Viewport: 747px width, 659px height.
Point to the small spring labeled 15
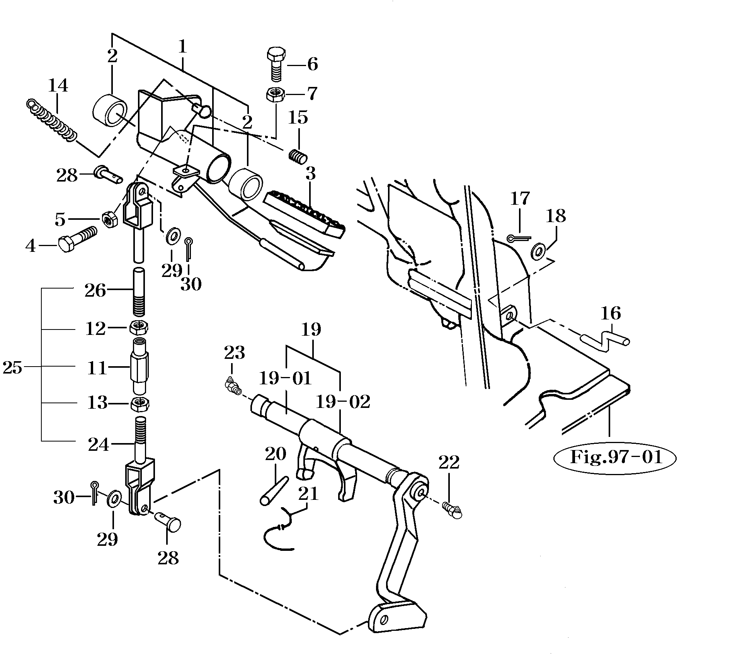click(298, 156)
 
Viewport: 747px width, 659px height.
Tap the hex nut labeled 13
click(139, 404)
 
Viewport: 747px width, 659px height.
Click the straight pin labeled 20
click(274, 490)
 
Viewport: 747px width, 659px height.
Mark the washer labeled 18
click(538, 251)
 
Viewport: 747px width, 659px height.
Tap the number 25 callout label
click(12, 368)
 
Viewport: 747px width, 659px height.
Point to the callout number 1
click(182, 47)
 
